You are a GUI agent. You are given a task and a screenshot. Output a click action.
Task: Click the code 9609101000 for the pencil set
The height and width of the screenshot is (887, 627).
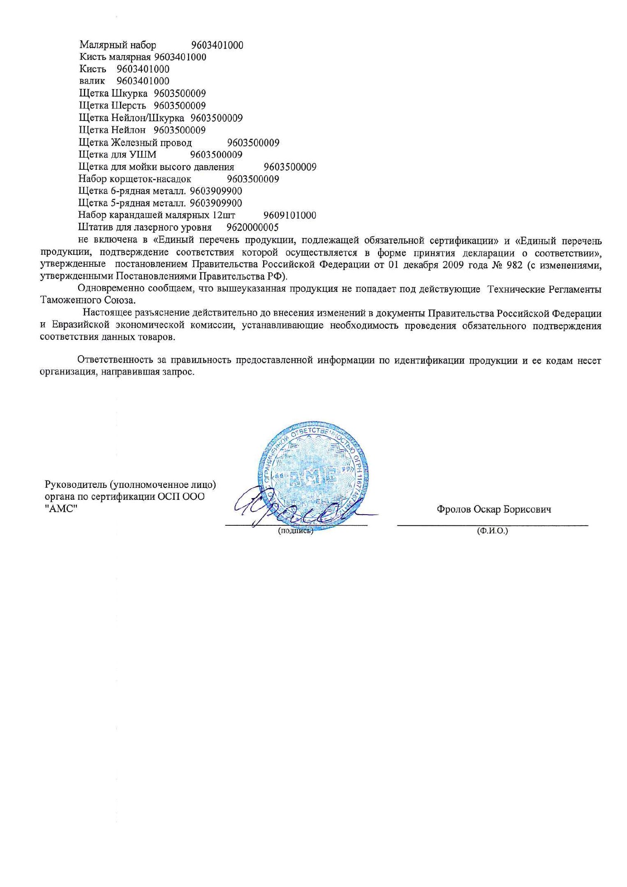point(289,215)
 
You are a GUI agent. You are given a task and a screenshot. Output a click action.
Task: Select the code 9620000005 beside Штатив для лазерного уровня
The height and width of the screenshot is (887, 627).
point(252,227)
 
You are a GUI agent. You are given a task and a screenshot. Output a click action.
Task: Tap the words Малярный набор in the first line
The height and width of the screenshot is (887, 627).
point(118,45)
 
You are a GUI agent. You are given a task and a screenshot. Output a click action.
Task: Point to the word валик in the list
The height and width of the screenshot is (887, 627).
point(92,81)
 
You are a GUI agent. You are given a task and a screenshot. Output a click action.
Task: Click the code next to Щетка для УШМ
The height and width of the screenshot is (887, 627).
point(216,155)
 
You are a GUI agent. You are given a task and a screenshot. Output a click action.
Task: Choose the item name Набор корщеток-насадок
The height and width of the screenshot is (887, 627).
point(134,179)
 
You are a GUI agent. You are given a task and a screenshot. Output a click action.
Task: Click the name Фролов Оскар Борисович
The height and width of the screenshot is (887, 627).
point(494,510)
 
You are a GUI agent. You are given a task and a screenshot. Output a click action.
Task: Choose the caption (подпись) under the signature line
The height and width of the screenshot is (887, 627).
point(296,531)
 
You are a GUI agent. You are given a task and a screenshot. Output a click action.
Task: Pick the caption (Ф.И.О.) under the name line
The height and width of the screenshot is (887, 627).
point(492,531)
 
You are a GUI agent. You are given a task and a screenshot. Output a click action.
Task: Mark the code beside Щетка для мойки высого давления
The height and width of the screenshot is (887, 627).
point(289,167)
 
